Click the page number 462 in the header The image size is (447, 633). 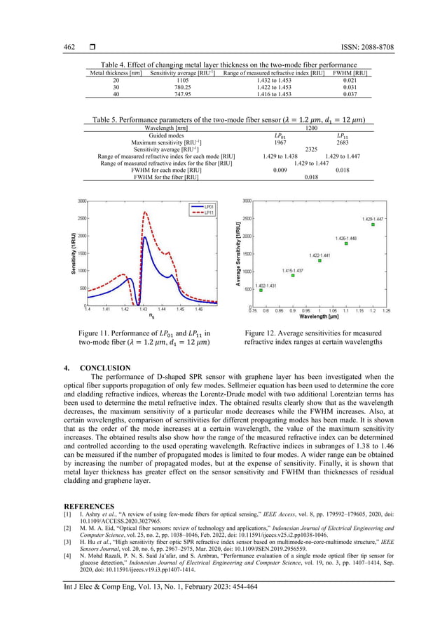click(x=69, y=48)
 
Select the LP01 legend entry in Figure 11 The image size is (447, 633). click(x=200, y=206)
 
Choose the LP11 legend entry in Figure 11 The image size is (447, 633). click(x=200, y=212)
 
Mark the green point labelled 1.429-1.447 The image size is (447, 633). click(x=373, y=225)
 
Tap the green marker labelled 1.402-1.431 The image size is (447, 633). click(x=261, y=290)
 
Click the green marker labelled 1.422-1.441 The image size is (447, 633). click(x=319, y=260)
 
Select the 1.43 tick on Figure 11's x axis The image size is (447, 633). click(x=143, y=309)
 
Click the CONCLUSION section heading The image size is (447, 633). click(x=105, y=368)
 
